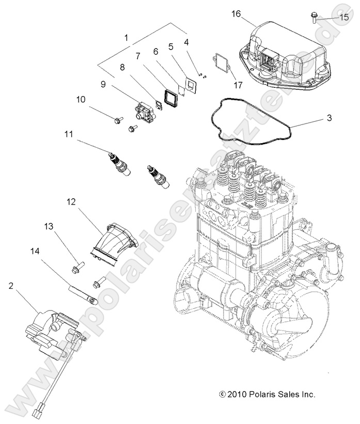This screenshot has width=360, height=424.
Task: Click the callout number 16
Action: click(236, 14)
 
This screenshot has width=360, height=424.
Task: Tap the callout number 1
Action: click(126, 38)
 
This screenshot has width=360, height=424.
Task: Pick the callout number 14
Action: click(35, 252)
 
